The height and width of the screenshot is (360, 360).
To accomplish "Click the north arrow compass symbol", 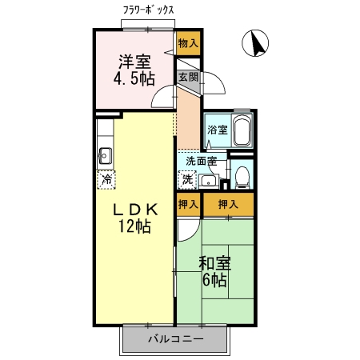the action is coord(255,43).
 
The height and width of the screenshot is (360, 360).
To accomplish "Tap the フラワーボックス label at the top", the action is coord(148,10).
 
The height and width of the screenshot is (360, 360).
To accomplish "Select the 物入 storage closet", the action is coord(188,43).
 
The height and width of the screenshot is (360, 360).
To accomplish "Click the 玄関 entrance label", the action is coord(188,78).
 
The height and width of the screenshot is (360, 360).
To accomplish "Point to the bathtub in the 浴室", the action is coord(242,130).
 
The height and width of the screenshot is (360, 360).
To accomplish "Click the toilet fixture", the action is coord(242,178).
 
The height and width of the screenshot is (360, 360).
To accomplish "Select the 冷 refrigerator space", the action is coord(106,179).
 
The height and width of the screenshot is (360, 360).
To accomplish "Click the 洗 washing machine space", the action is coord(187,180).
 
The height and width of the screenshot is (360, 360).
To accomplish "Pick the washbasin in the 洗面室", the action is coord(209,182).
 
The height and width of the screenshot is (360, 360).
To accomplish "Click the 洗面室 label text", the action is coord(201,161).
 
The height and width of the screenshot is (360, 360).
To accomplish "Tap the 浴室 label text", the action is coord(218,130).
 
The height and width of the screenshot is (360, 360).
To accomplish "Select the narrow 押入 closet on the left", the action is coord(188,204).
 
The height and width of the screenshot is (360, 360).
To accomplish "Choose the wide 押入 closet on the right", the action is coord(228,204).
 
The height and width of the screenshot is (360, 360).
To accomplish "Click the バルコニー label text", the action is coord(176,339).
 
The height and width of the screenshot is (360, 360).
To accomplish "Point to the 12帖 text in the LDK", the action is coord(134,226).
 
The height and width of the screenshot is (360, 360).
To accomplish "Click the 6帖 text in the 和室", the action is coord(214,280).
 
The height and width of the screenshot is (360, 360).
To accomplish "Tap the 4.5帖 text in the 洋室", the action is coord(134,78).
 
